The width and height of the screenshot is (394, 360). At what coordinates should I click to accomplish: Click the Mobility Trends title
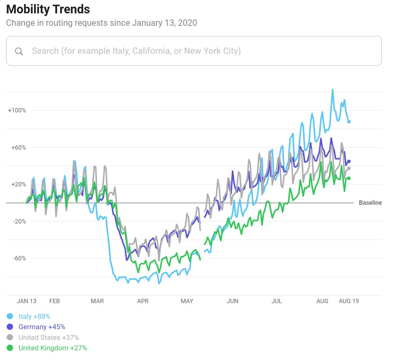coord(48,9)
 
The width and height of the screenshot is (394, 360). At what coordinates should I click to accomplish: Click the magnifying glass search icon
coord(19,51)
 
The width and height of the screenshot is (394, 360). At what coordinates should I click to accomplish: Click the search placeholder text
coord(136,51)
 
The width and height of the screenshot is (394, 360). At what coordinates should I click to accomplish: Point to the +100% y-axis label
coord(17,110)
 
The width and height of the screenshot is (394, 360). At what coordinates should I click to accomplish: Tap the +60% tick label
coord(19,148)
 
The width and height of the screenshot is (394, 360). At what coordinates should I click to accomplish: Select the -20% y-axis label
coord(19,221)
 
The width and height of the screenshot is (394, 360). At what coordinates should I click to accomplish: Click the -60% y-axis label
coord(19,258)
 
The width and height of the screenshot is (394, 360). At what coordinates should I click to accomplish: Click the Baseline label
coord(370,203)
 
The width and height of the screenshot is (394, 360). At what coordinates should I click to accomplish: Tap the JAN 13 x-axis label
coord(26,301)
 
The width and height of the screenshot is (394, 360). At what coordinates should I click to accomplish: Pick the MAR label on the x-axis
coord(97,301)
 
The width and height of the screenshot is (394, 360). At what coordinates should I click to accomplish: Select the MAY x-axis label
coord(187,301)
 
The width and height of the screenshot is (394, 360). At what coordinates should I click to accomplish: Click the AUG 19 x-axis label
coord(349,301)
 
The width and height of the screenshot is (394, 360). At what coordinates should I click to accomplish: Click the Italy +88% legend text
coord(34,317)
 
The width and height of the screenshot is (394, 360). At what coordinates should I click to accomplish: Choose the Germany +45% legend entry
coord(42,327)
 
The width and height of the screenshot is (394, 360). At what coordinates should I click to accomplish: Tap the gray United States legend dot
coord(10,337)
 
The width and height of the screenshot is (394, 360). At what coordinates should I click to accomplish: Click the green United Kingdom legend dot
coord(10,348)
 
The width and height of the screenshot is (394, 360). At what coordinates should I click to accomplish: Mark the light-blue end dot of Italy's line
coord(349,122)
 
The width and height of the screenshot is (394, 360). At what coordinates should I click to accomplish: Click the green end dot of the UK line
coord(349,178)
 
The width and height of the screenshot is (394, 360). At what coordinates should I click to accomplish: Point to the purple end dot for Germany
coord(349,161)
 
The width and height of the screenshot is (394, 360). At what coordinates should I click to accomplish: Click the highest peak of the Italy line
coord(333,90)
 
